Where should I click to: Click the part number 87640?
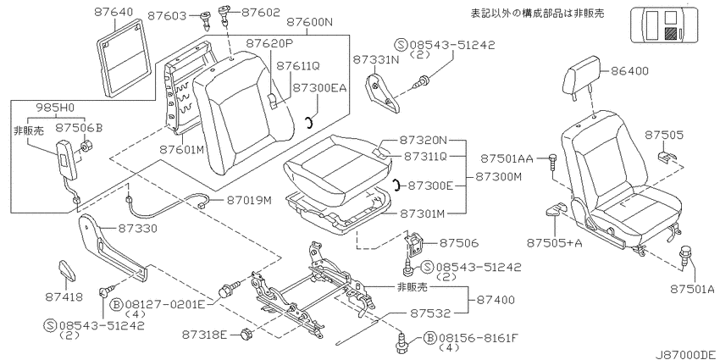click(x=114, y=13)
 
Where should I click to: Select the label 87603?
click(x=167, y=16)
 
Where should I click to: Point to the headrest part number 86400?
click(x=629, y=71)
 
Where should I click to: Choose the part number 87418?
click(x=64, y=297)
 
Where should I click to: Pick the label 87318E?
click(x=204, y=335)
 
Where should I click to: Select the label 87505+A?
click(x=554, y=242)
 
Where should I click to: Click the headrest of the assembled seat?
click(x=581, y=77)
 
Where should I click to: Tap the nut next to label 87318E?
click(x=246, y=334)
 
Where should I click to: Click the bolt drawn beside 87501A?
click(x=684, y=254)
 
